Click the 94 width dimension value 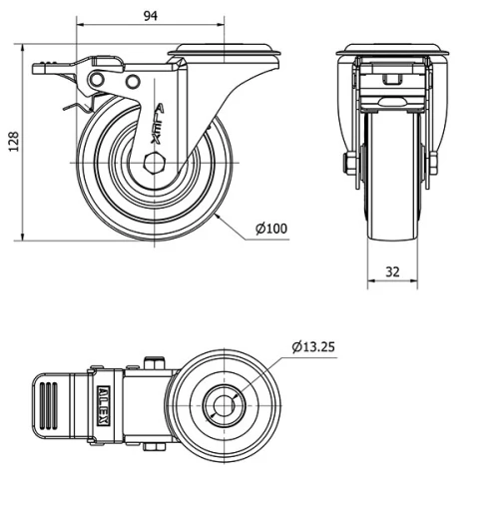[x=150, y=16]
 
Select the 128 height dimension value [x=12, y=143]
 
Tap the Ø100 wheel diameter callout [x=270, y=229]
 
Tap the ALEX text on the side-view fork [x=162, y=120]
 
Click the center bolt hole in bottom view [x=223, y=405]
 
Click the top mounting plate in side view [x=225, y=51]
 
